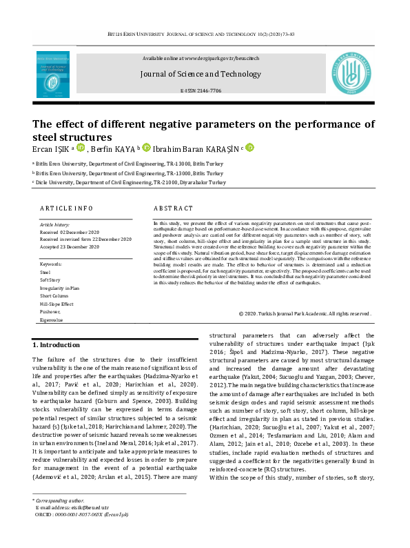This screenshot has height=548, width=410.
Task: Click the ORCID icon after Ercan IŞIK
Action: pos(81,147)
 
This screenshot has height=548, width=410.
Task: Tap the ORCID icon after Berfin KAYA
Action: pos(146,147)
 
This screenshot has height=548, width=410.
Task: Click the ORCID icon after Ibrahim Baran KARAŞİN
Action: pos(250,147)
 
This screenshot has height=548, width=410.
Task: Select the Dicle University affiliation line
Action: pos(129,182)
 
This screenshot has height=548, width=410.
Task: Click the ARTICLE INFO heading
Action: pos(65,208)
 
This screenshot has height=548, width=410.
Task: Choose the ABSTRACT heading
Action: pos(168,208)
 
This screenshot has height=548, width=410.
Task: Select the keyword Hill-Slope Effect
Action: pos(57,304)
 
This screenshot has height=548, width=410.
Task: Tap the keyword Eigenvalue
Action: pos(52,320)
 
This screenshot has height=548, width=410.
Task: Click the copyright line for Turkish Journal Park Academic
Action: pos(305,313)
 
